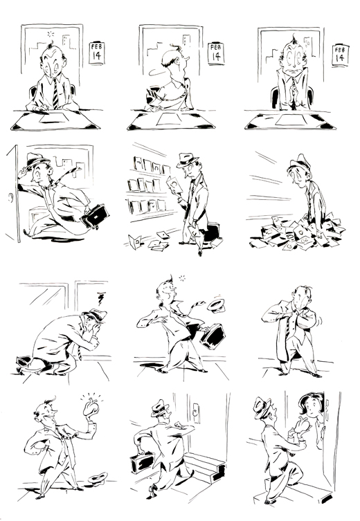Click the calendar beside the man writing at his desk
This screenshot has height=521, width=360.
[x=97, y=53]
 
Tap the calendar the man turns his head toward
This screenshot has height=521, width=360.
[x=216, y=53]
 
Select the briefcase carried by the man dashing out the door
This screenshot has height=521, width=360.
[x=95, y=217]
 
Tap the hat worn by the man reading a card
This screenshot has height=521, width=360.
[x=188, y=160]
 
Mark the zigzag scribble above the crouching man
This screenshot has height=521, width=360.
[x=101, y=298]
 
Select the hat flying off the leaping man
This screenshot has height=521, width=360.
[x=216, y=306]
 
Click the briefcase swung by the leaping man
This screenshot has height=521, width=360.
[x=213, y=336]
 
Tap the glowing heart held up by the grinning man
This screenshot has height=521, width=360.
[x=91, y=408]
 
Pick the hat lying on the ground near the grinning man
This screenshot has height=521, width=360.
[x=98, y=478]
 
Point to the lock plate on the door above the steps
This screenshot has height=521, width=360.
[x=197, y=413]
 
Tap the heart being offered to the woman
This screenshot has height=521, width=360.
[x=302, y=426]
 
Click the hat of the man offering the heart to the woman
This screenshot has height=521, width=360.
[x=262, y=408]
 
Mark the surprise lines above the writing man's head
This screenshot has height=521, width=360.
[x=51, y=34]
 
